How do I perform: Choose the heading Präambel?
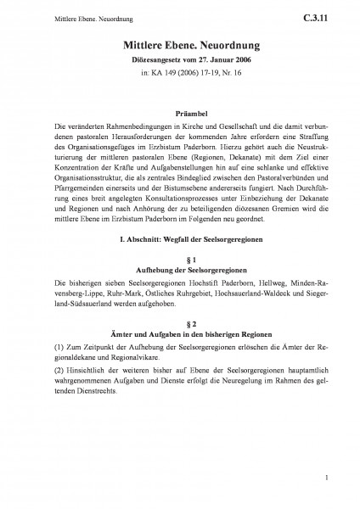179,109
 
